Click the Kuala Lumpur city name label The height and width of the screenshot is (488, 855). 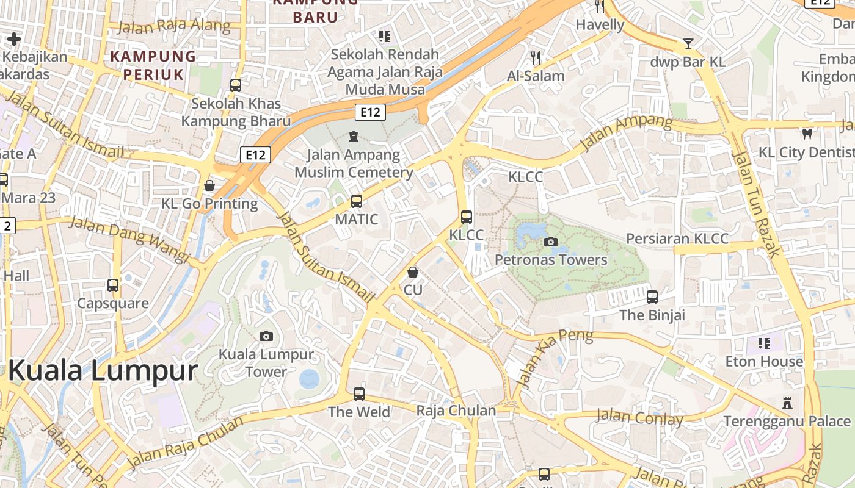[103, 371]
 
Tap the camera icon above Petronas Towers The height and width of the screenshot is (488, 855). [551, 242]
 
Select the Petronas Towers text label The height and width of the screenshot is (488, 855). [551, 260]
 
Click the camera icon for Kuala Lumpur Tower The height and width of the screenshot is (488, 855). [266, 336]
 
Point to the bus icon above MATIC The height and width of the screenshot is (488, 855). [357, 201]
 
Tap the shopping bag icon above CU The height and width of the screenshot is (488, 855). [413, 272]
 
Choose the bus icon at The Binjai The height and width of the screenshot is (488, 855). [652, 297]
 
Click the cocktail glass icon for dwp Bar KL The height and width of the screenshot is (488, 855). [688, 43]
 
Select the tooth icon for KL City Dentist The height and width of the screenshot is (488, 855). [807, 134]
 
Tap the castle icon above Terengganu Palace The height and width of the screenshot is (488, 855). [787, 403]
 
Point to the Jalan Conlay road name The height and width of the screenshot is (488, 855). [639, 418]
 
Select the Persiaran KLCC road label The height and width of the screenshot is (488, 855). [678, 239]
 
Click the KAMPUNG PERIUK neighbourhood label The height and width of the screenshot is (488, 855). [153, 65]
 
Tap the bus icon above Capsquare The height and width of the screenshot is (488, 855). [113, 285]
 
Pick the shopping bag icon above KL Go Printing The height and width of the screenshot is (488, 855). [209, 185]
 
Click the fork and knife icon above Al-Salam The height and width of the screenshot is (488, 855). [536, 58]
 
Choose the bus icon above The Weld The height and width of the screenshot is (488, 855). [359, 394]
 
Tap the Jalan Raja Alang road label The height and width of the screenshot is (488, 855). [174, 26]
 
